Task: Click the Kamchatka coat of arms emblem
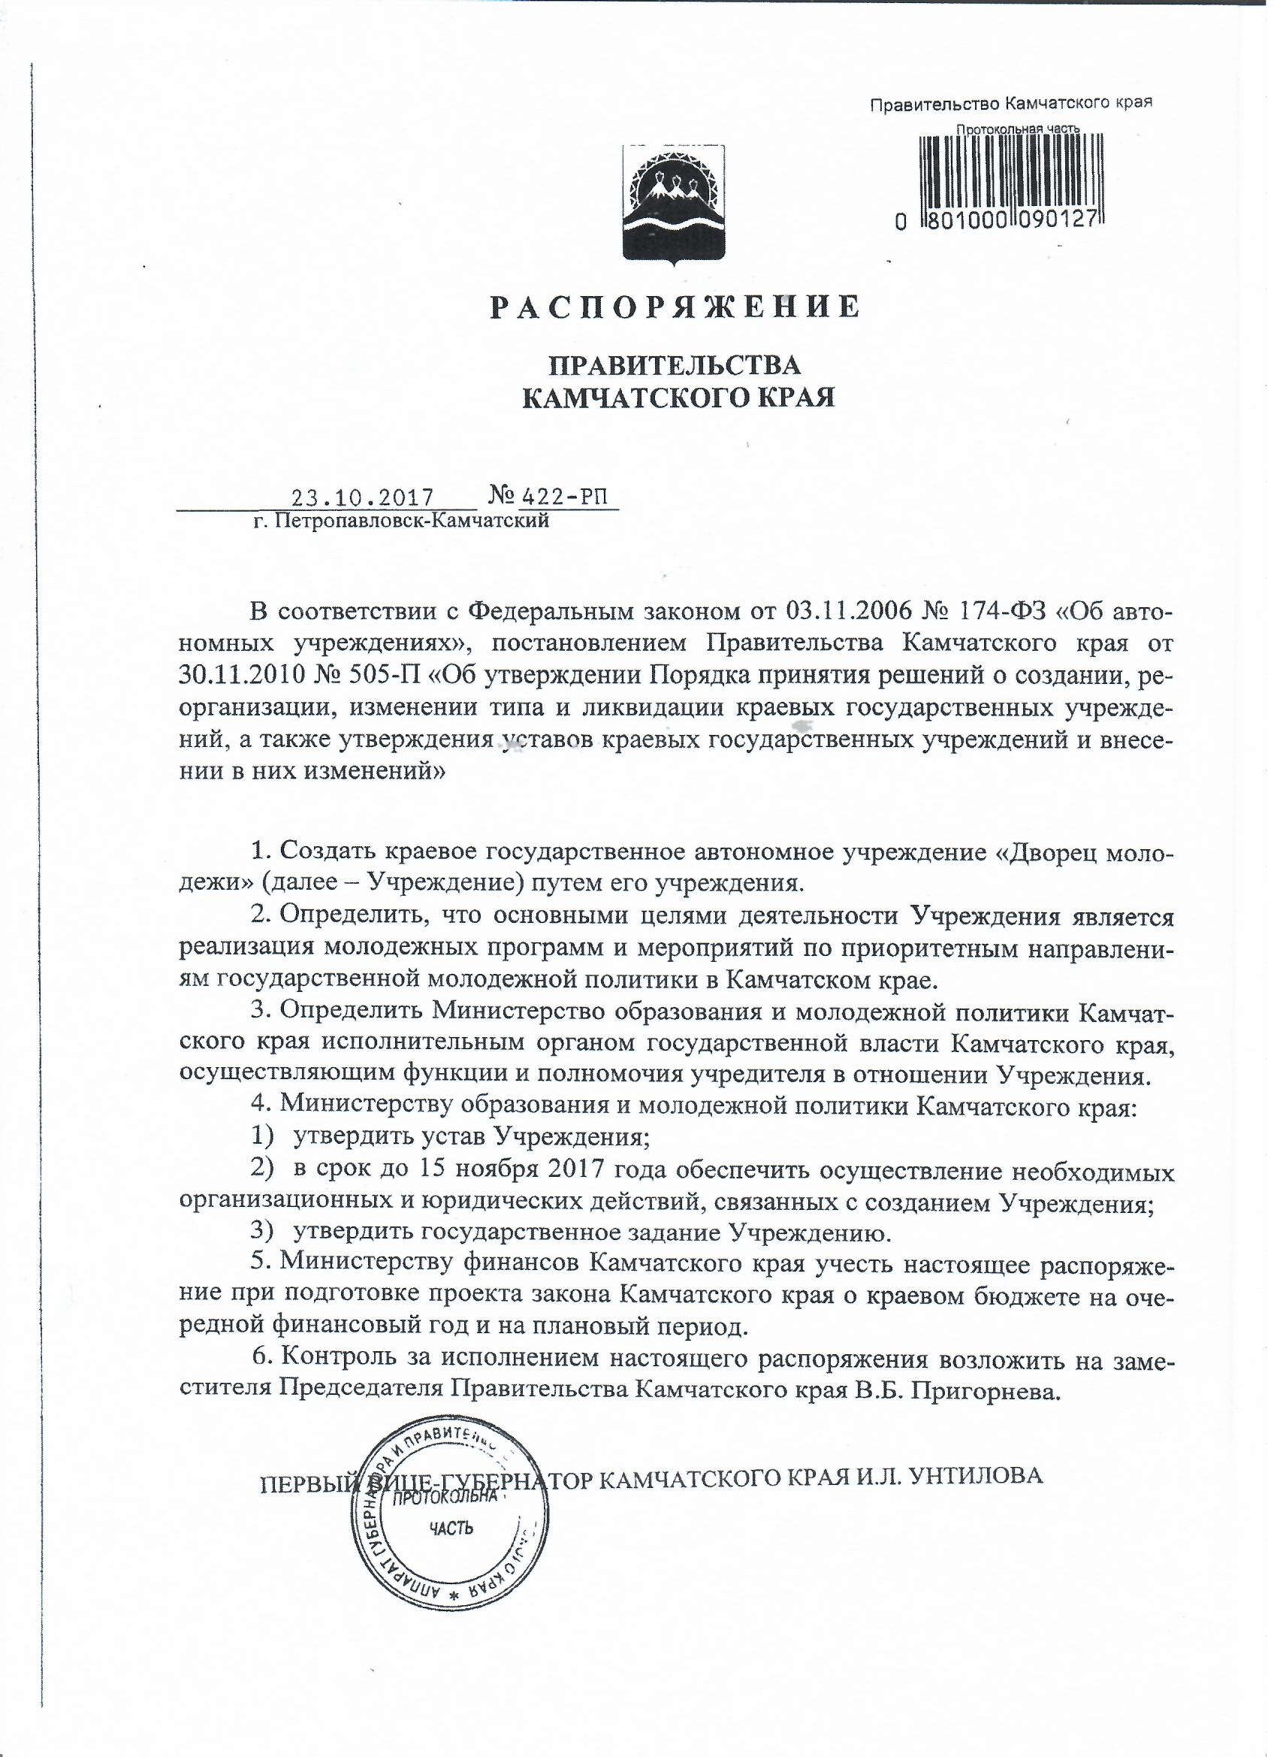pos(674,204)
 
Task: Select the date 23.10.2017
pos(360,496)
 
